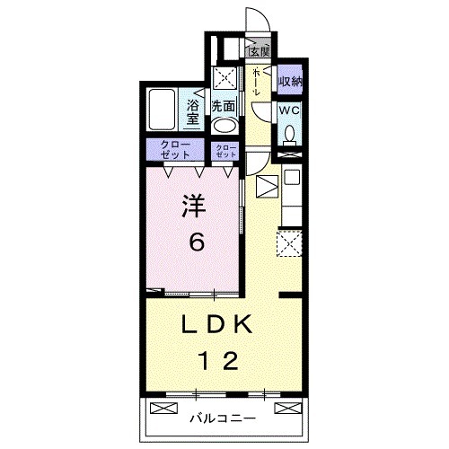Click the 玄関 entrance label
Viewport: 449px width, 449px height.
[260, 51]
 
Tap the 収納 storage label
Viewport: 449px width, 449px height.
[289, 82]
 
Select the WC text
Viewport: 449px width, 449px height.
[288, 110]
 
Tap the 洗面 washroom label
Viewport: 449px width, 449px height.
[223, 105]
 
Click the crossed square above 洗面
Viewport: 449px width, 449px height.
[223, 77]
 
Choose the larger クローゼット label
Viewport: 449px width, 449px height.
[175, 150]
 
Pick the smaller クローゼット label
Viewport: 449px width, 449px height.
[225, 150]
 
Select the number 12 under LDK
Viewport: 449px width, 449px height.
[218, 362]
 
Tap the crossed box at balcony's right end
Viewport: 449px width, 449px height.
[286, 409]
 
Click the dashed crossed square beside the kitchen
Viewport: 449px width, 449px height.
[289, 243]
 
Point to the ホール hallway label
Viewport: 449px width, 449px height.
[257, 80]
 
